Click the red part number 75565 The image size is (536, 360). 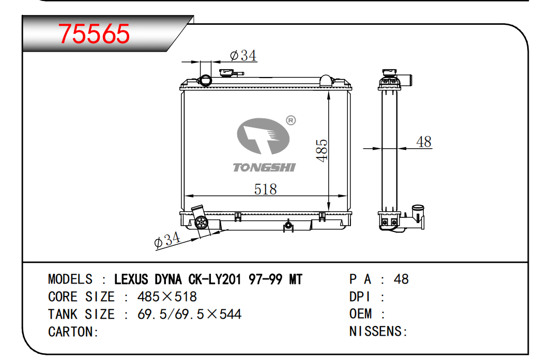point(94,34)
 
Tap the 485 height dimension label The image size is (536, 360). point(322,150)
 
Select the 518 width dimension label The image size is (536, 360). point(265,189)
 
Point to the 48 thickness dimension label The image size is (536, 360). point(424,142)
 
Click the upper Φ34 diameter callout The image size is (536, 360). point(243,55)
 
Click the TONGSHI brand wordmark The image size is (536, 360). point(264,167)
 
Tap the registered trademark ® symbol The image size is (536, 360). point(290,120)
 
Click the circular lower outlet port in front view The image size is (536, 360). point(201,223)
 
